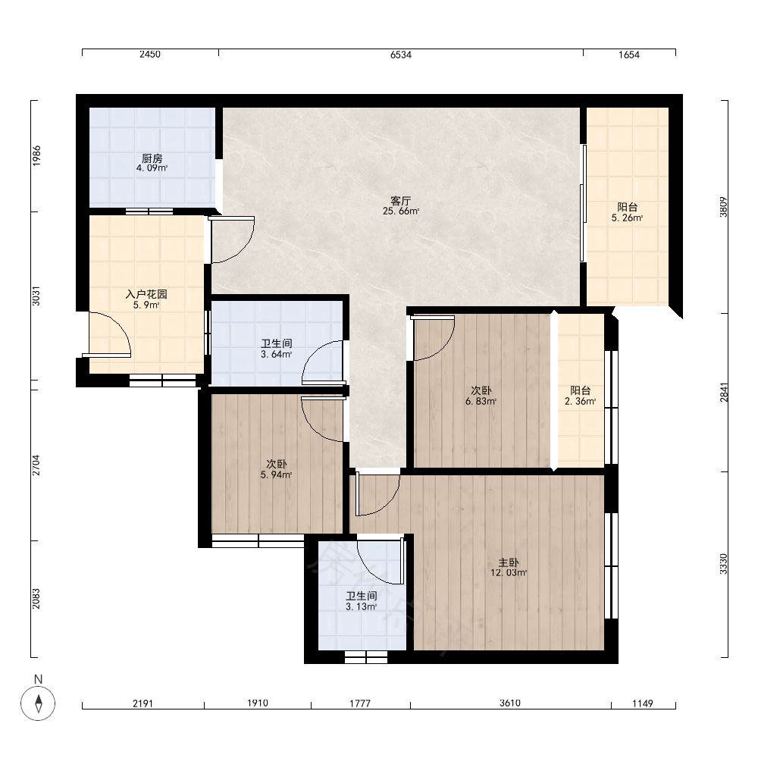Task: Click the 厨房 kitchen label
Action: coord(152,158)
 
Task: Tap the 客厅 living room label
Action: coord(400,200)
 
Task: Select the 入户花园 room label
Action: coord(146,294)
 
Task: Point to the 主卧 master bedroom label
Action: coord(509,562)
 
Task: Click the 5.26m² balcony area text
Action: coord(627,218)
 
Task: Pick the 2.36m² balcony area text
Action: coord(580,401)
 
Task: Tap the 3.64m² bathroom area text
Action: coord(276,354)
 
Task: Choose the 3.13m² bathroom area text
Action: coord(361,606)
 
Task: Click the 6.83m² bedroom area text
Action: coord(481,401)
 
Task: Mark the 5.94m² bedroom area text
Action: coord(276,475)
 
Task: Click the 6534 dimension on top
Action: coord(401,55)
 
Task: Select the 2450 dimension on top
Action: coord(150,54)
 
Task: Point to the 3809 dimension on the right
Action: coord(723,207)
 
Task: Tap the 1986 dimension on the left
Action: coord(36,155)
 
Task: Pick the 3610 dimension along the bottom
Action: coord(510,703)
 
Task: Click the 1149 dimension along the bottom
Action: coord(643,703)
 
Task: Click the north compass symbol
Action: coord(38,703)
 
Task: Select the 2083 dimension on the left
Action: coord(36,599)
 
